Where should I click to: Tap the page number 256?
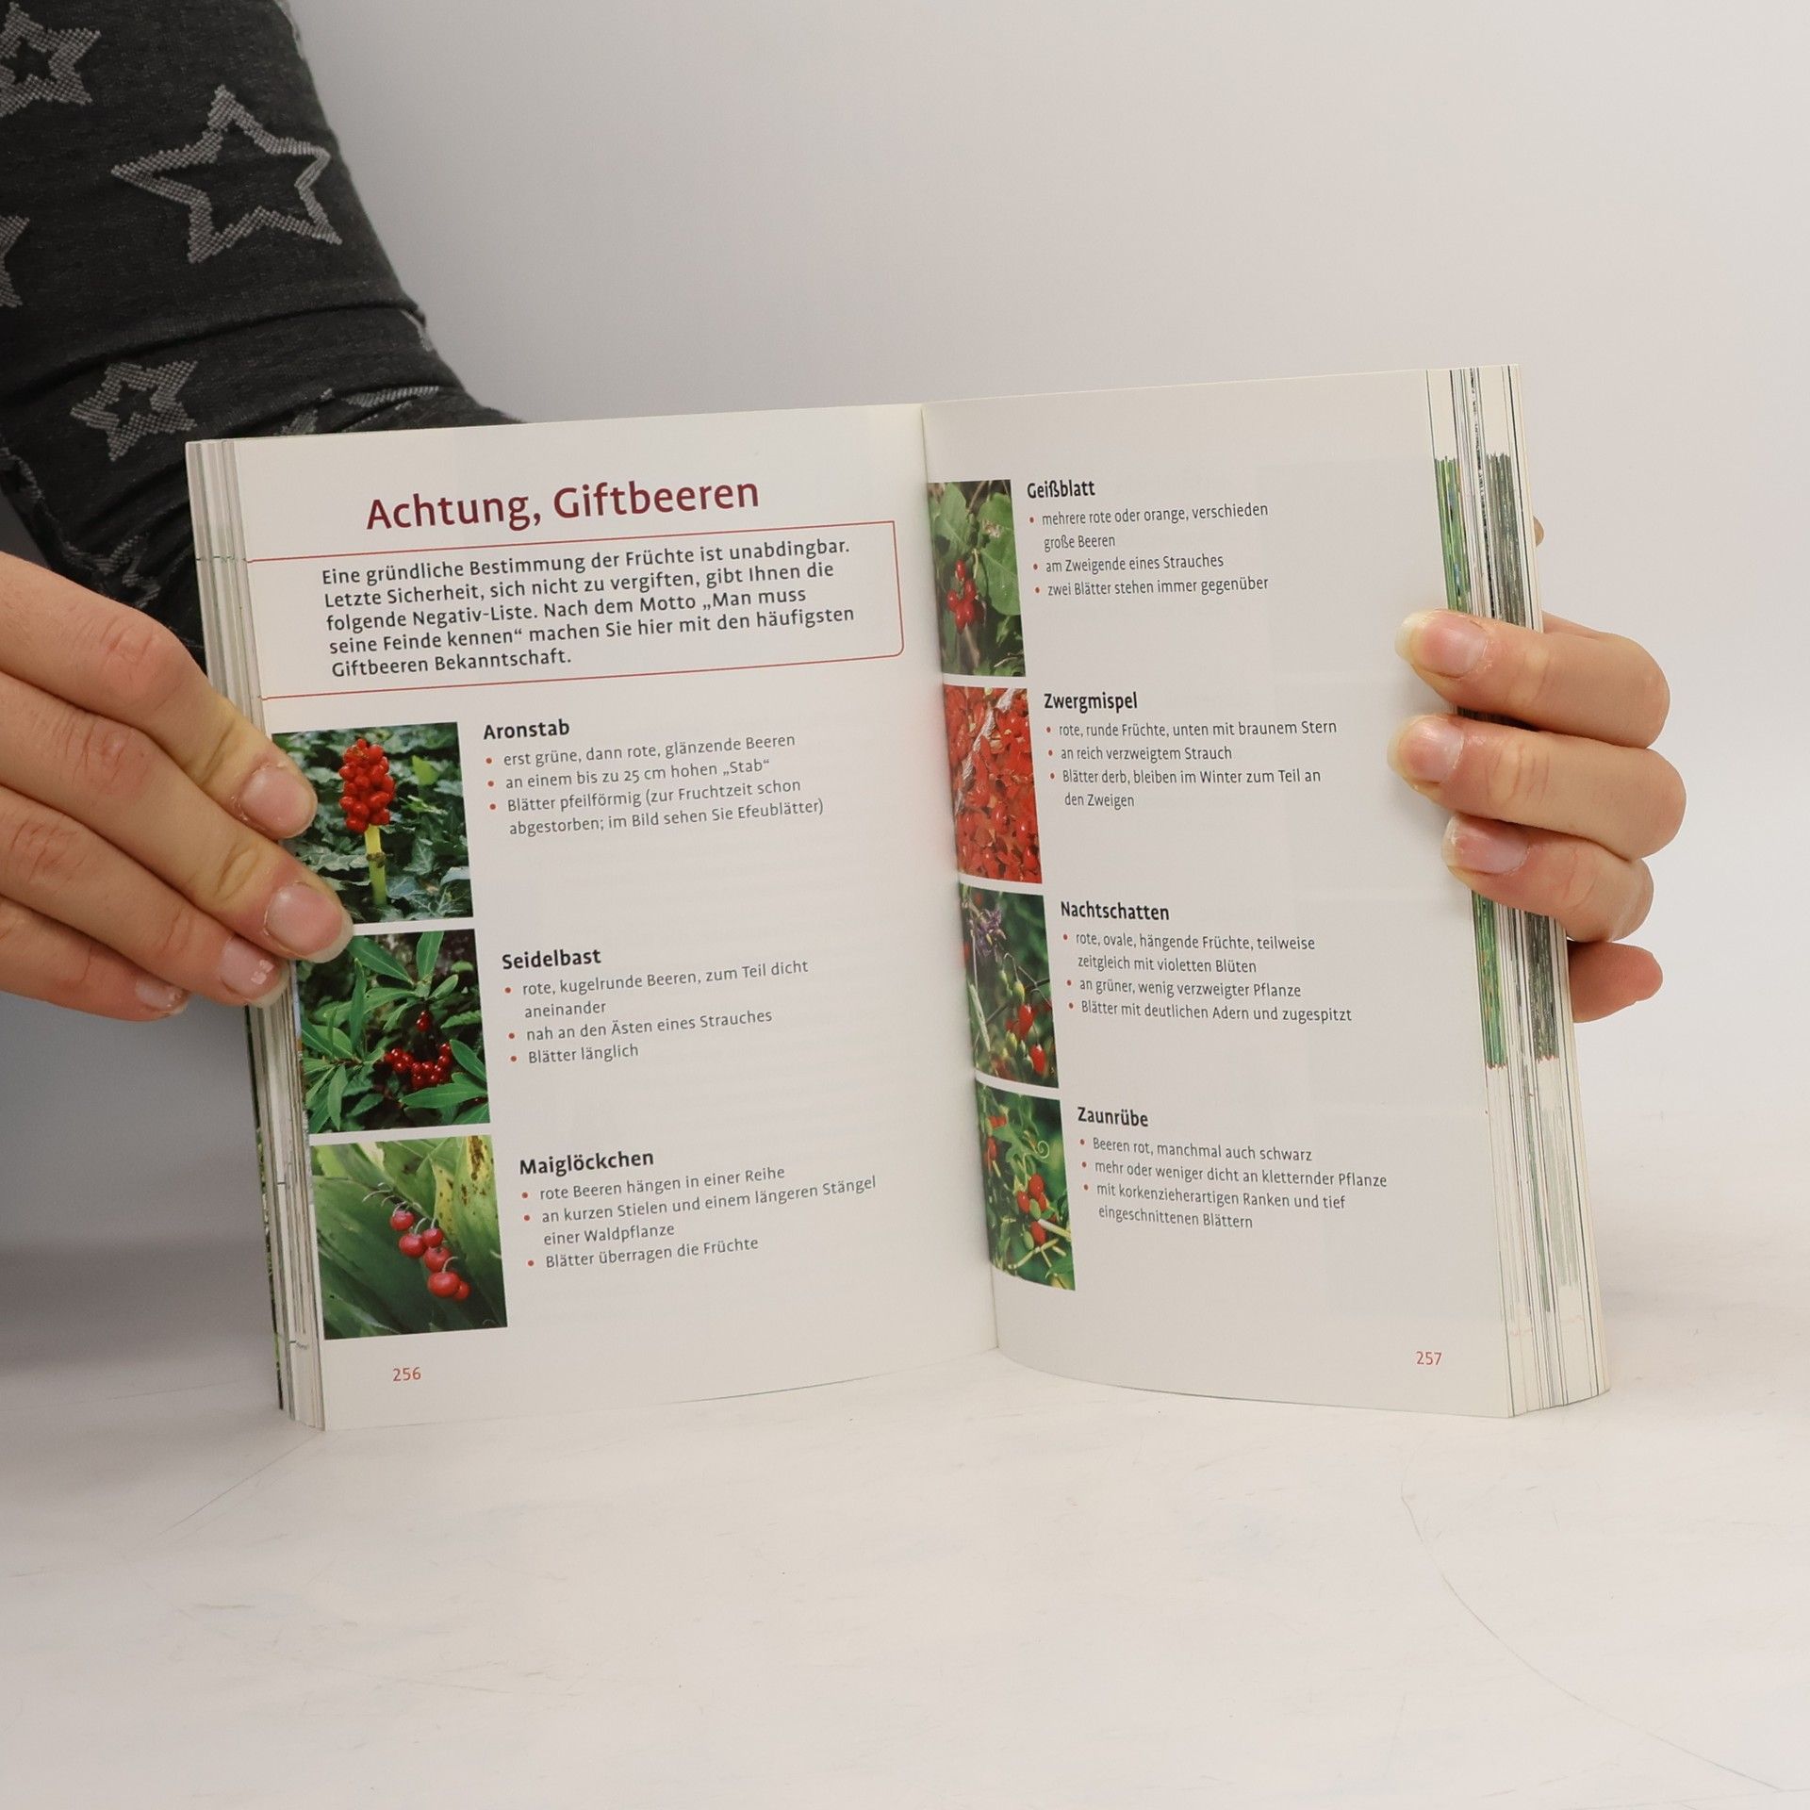click(406, 1374)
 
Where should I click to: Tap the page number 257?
click(1428, 1358)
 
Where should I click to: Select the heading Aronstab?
click(526, 729)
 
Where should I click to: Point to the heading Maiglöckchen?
click(586, 1161)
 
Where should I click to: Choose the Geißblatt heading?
click(1061, 490)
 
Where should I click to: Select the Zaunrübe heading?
click(1112, 1117)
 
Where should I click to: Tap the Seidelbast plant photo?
click(394, 1031)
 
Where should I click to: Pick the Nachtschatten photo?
click(1010, 986)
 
